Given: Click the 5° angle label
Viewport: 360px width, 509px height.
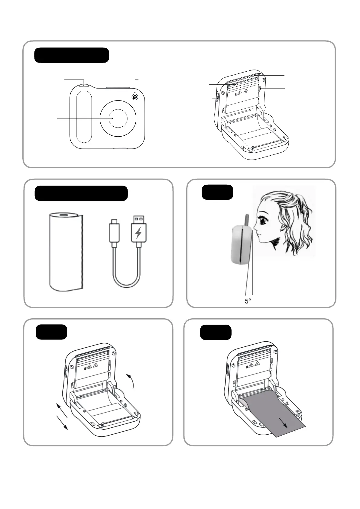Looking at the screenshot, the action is [248, 301].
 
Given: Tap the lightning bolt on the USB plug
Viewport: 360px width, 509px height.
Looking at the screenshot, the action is [138, 233].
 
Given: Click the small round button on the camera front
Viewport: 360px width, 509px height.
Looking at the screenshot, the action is [135, 97].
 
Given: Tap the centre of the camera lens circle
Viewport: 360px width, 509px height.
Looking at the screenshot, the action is [118, 118].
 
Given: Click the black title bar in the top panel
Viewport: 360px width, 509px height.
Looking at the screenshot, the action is [71, 55].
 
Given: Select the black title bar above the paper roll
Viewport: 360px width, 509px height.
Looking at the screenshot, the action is [81, 193].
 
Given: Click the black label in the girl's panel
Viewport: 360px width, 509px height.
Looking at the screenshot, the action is [217, 192].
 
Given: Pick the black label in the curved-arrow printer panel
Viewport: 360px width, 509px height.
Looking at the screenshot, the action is [51, 332].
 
